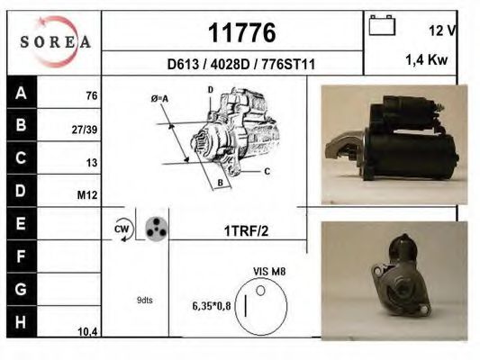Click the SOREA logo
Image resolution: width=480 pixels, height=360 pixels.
tap(55, 41)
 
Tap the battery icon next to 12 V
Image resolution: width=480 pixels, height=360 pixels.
tap(382, 27)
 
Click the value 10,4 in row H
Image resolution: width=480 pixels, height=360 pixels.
tap(86, 332)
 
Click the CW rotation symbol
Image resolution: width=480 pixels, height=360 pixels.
tap(122, 229)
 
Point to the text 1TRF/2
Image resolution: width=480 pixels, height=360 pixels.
tap(246, 230)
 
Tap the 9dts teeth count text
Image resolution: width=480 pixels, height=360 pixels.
tap(145, 301)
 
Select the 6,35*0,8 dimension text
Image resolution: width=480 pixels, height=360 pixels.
tap(213, 306)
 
